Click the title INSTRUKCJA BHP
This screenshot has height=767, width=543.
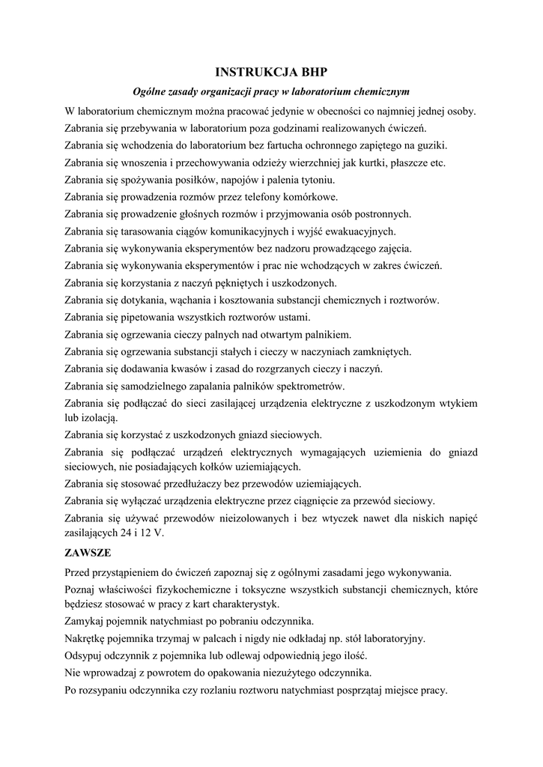[x=271, y=73]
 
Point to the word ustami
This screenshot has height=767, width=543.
[x=304, y=317]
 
